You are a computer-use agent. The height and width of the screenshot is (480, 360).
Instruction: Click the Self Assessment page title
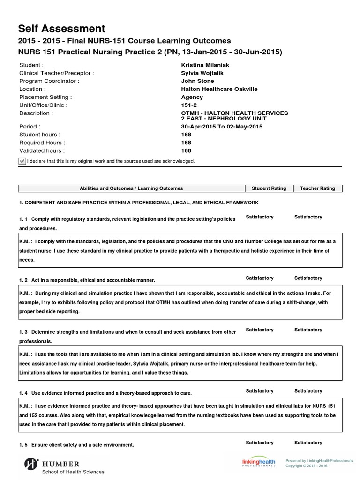point(62,29)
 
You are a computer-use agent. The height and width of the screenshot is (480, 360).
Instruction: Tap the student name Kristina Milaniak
point(205,65)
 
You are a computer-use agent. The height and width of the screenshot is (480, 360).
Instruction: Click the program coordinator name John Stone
point(197,81)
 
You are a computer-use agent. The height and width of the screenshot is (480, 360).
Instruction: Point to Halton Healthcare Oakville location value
point(219,89)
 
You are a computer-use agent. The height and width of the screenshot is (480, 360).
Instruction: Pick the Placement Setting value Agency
point(192,97)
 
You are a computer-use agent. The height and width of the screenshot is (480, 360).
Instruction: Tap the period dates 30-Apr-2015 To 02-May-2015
point(222,127)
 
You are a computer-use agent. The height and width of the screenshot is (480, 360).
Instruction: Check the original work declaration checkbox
point(22,161)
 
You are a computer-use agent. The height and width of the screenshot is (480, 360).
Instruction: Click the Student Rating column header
point(269,188)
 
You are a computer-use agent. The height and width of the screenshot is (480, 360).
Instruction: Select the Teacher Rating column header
point(317,188)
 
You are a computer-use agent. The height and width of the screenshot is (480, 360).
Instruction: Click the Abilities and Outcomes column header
point(131,188)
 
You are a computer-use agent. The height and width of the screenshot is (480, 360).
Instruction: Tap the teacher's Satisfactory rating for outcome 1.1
point(308,217)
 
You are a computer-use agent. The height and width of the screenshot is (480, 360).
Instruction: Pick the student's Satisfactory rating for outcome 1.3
point(259,330)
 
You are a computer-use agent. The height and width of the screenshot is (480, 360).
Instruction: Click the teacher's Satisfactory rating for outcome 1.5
point(308,442)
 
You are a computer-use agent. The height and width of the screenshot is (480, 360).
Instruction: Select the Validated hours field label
point(42,151)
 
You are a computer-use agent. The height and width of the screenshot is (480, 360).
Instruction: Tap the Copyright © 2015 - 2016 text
point(307,466)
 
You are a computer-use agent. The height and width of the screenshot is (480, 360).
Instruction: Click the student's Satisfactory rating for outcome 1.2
point(259,278)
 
